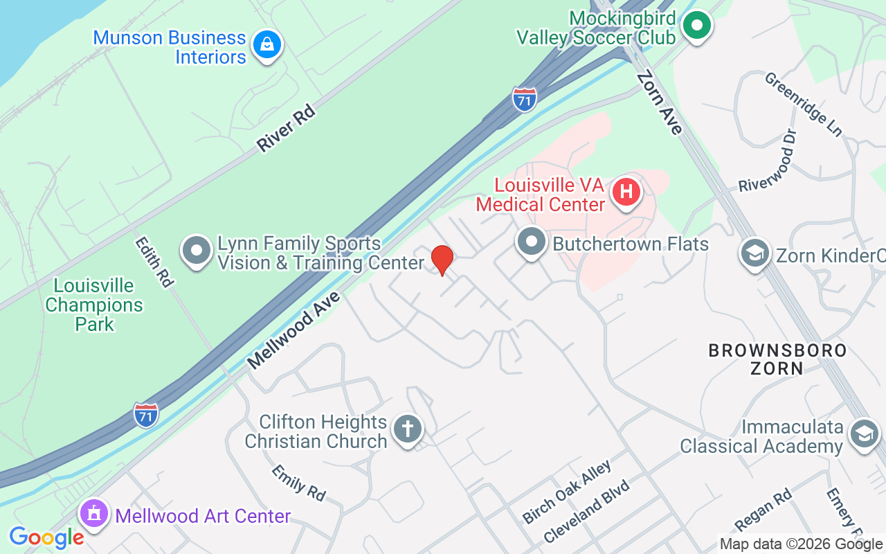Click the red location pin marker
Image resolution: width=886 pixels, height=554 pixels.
(442, 260)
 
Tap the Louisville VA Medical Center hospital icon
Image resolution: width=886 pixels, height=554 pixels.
(626, 192)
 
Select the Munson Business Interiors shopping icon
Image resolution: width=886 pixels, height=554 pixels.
(266, 45)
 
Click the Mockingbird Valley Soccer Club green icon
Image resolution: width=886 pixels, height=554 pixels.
(697, 26)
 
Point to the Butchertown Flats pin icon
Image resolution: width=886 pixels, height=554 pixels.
(532, 243)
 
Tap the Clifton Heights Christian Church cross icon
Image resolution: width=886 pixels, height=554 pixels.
(408, 429)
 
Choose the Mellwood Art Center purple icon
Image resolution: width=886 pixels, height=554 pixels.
(93, 515)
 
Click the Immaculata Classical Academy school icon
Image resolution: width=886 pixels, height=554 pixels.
(864, 434)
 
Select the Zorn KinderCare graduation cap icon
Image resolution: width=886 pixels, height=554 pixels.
(755, 253)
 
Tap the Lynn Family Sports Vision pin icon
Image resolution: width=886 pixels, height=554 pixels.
(197, 250)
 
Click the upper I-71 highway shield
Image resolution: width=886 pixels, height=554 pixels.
(525, 100)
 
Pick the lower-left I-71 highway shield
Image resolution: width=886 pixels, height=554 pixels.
(146, 415)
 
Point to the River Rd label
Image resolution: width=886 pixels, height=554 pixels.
(285, 129)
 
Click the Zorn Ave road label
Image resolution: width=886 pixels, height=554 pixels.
(660, 102)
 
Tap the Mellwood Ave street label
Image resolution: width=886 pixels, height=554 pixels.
(293, 330)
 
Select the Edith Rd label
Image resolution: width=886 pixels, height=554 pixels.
(154, 261)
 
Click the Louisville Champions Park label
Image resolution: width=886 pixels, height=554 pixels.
(94, 305)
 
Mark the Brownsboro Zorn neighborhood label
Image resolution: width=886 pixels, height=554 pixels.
(777, 359)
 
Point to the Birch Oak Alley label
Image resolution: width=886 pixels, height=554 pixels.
(566, 492)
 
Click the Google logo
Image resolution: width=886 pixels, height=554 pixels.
(46, 537)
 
